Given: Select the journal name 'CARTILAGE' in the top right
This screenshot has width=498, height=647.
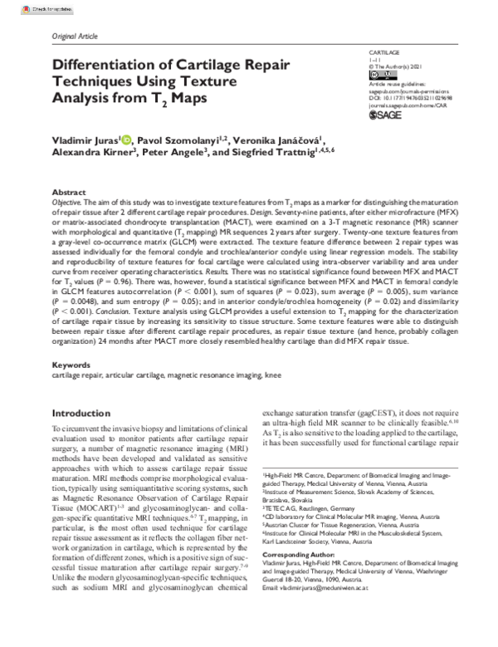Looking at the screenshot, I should coord(383,51).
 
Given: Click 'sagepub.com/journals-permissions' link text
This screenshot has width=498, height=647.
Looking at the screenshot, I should coord(407,91).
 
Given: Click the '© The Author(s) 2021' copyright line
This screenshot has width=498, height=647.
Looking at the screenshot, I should coord(396,66).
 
